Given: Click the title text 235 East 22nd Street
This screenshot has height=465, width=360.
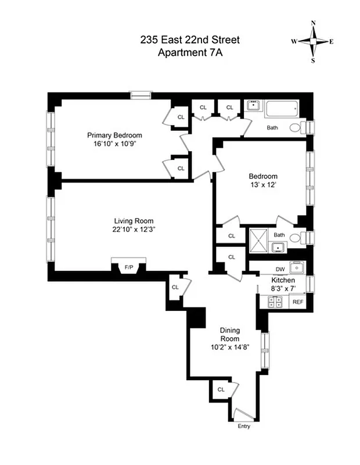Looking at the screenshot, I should pos(190,40).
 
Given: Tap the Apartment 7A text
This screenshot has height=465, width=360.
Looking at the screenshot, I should pos(190,52).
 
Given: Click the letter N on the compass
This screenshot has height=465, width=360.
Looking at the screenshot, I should pos(314,23).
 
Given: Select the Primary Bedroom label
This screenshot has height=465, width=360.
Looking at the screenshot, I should pos(111,133).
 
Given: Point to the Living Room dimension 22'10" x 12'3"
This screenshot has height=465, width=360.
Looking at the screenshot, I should pos(134,229).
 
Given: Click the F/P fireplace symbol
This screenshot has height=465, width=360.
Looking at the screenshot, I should pos(129,267).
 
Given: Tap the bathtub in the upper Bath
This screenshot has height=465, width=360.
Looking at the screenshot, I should pos(281,108).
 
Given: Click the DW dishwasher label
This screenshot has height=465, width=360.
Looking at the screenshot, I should pos(280,269).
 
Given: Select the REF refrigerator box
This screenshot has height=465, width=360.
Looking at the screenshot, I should pos(298,302).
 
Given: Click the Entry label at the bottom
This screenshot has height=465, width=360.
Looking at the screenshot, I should pos(244,426).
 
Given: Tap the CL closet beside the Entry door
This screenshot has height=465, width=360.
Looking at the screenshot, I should pos(221,389).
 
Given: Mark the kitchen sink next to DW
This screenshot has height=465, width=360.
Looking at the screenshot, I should pos(297,268).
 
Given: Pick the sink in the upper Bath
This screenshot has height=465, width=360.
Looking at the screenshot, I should pos(253,106).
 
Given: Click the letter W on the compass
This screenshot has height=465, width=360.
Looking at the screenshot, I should pos(294,41).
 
